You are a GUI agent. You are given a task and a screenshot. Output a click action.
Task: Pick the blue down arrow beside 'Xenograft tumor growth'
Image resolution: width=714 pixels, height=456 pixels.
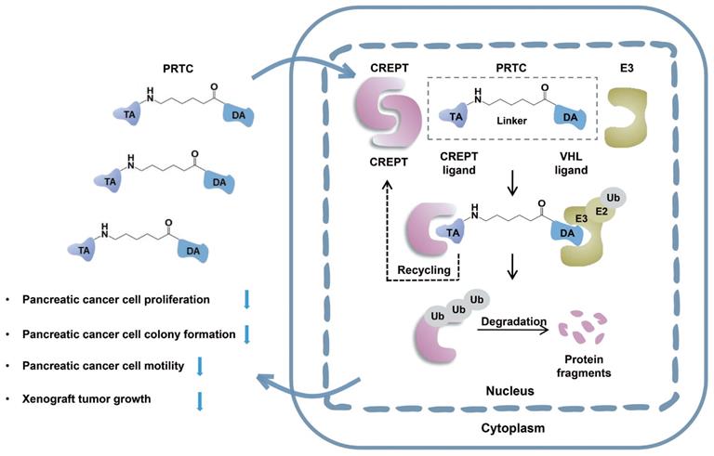[x=200, y=400]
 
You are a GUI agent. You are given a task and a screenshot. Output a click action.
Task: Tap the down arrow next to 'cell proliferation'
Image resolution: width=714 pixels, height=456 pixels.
[x=247, y=298]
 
